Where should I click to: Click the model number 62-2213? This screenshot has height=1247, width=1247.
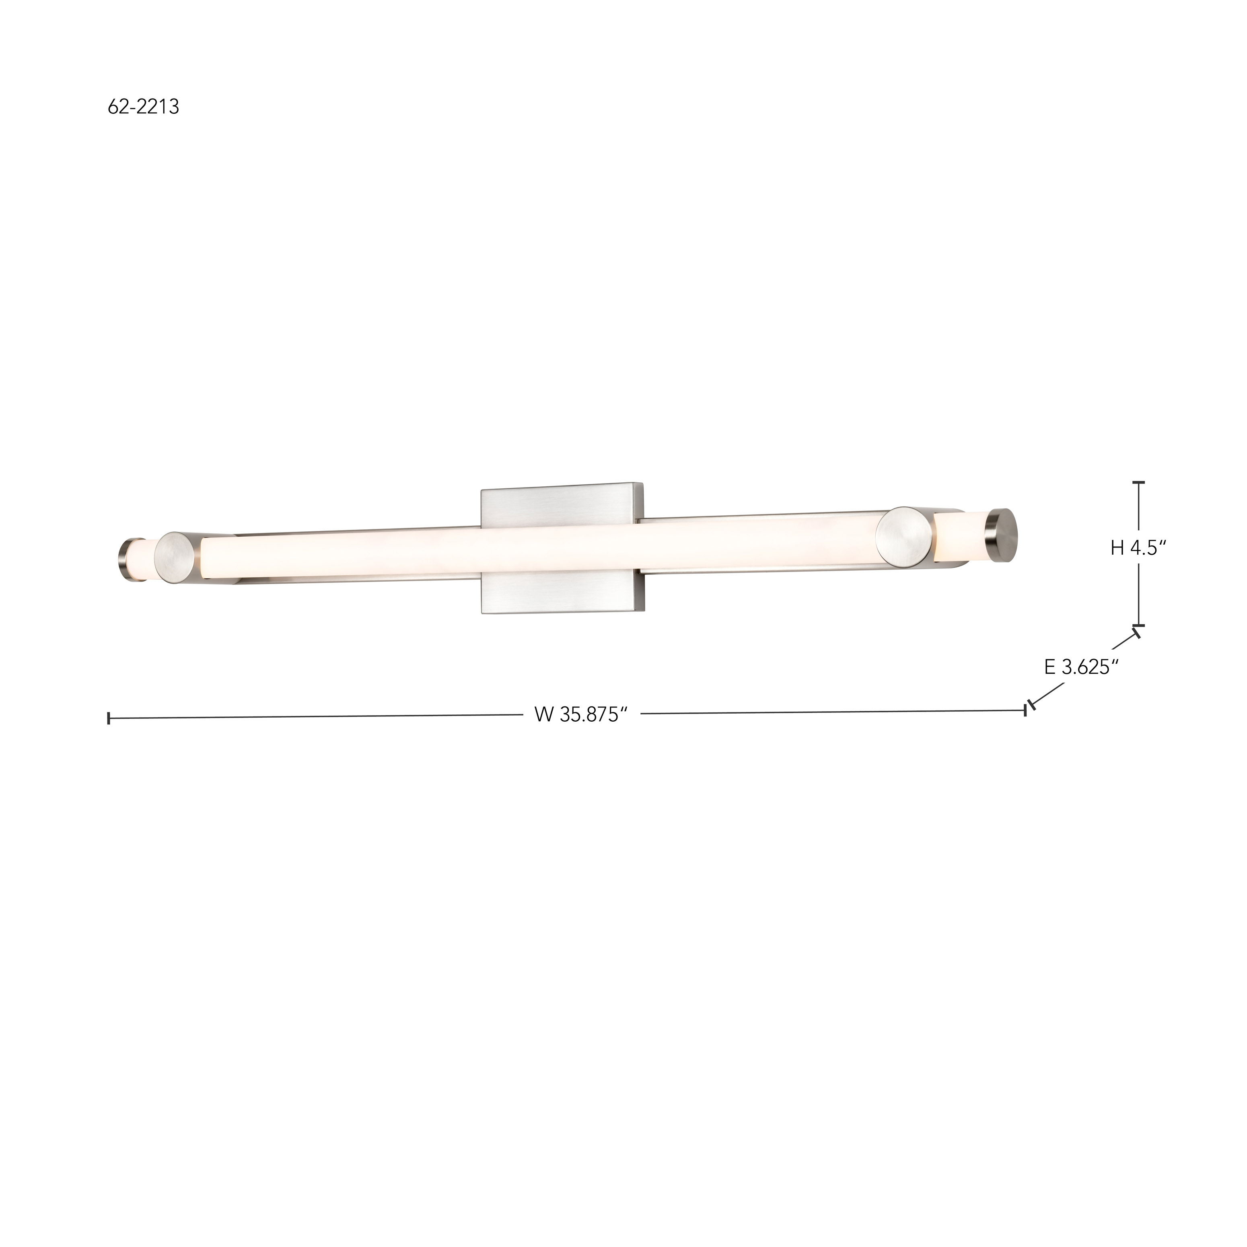143,107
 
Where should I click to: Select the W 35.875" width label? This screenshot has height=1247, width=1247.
581,715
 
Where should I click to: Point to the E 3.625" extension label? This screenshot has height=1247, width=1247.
1081,667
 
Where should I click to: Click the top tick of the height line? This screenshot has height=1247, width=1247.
1139,482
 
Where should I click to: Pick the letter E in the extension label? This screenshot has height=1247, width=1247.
1050,667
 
